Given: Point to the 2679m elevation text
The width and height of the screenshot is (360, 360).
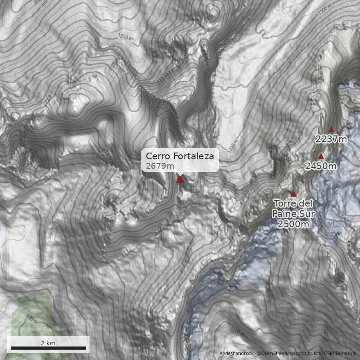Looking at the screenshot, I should pos(160,166).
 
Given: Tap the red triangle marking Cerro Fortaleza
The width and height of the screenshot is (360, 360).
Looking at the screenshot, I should pos(180,180).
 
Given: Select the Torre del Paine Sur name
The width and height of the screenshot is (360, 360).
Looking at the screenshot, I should pos(293,208).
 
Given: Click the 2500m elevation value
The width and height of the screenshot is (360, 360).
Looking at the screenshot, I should pos(293,224).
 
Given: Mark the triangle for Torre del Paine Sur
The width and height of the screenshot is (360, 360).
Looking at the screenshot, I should pos(293,194).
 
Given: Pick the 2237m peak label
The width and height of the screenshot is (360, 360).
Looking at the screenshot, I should pos(331,139).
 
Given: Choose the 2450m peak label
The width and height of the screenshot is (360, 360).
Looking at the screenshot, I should pos(321,166).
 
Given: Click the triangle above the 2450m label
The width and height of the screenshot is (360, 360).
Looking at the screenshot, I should pos(321,157).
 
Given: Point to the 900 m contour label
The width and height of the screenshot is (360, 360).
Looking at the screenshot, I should pos(27,153).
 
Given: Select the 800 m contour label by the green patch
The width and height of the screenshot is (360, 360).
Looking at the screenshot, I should pos(31,318).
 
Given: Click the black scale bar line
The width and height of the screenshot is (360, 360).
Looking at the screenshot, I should pos(48,348).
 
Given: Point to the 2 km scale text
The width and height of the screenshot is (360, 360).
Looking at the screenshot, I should pos(48,343).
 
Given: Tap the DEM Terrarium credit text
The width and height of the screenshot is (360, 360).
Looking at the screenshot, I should pos(341,354).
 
